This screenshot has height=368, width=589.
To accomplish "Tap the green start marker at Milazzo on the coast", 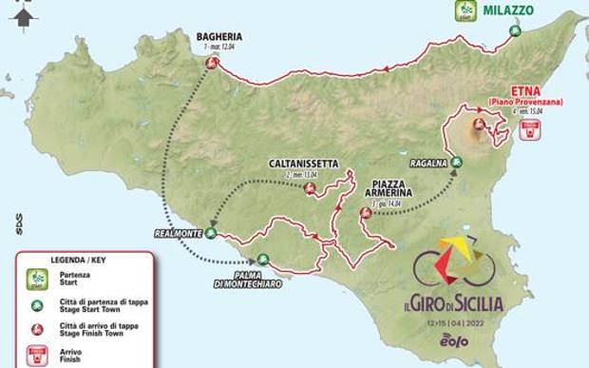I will point(514,30).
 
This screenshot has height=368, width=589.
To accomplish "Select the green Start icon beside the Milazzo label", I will point(465,10).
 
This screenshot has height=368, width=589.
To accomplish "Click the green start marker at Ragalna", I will point(456,162).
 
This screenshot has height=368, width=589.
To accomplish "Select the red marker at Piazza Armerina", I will point(364,212).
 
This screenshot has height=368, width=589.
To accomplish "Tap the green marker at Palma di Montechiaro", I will point(263,259).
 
